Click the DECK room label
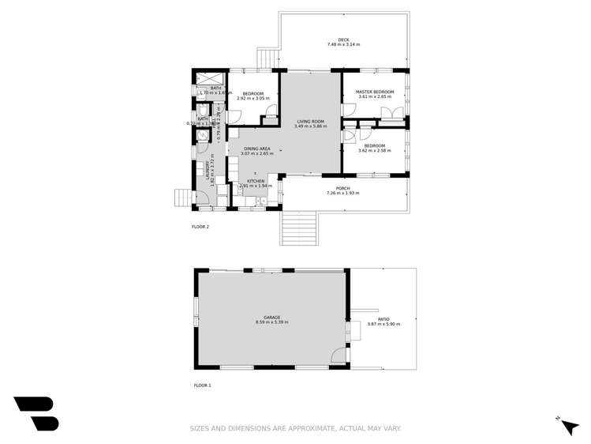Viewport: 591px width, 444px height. click(343, 40)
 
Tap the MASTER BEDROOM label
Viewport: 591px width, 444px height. click(374, 92)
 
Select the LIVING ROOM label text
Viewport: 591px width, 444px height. click(309, 122)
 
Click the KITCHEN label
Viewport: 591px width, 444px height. click(255, 181)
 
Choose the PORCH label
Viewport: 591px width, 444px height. click(342, 188)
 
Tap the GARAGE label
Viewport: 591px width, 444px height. click(271, 318)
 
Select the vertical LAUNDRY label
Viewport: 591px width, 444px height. click(208, 168)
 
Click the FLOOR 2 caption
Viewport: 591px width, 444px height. click(200, 227)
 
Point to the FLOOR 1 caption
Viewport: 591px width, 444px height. click(202, 386)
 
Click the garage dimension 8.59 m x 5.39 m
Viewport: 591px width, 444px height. click(271, 323)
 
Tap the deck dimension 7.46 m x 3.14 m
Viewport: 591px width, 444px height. click(343, 45)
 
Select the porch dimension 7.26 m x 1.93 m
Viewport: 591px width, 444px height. click(342, 194)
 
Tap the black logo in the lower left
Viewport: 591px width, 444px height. click(36, 412)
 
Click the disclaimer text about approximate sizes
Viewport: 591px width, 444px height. click(295, 428)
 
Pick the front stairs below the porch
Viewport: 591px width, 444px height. click(298, 229)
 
